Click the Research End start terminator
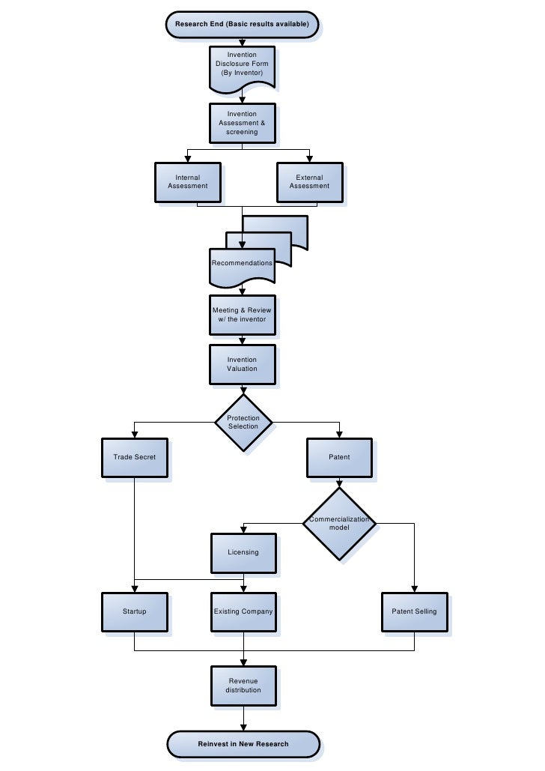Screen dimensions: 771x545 [x=243, y=24]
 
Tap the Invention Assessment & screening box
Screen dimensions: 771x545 [x=242, y=123]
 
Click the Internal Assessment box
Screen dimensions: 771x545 [x=187, y=182]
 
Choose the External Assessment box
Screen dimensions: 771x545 [x=309, y=182]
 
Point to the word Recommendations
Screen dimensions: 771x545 [x=242, y=263]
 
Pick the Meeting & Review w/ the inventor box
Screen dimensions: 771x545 [x=242, y=315]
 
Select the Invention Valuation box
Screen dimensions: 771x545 [x=242, y=364]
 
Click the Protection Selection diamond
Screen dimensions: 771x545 [x=243, y=423]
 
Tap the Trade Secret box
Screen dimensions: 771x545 [x=134, y=457]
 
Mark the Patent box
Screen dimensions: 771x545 [x=339, y=457]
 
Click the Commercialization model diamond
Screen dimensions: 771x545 [x=339, y=523]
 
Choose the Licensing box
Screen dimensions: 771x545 [x=243, y=552]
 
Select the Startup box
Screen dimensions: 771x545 [x=134, y=611]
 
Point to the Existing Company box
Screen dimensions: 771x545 [x=243, y=611]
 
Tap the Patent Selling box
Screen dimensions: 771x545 [x=414, y=611]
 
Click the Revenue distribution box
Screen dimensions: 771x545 [x=243, y=685]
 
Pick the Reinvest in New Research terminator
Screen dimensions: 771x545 [x=243, y=744]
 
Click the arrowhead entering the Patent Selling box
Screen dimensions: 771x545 [x=414, y=589]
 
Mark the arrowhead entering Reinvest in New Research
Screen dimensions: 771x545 [x=243, y=727]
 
